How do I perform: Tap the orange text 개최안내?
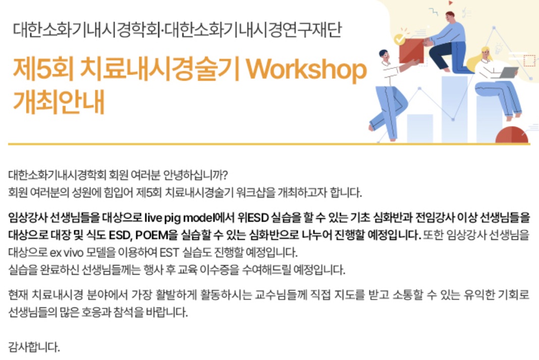point(59,102)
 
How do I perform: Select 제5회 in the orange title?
point(43,69)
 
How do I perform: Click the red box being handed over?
point(412,50)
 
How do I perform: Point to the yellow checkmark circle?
point(399,39)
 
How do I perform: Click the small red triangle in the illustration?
point(450,3)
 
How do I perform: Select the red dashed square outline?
point(529,60)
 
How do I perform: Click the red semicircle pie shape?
point(512,135)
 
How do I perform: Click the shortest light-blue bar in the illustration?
point(420,128)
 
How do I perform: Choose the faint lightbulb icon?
point(498,48)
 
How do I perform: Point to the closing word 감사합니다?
point(34,346)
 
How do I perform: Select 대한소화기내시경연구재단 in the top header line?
point(253,29)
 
